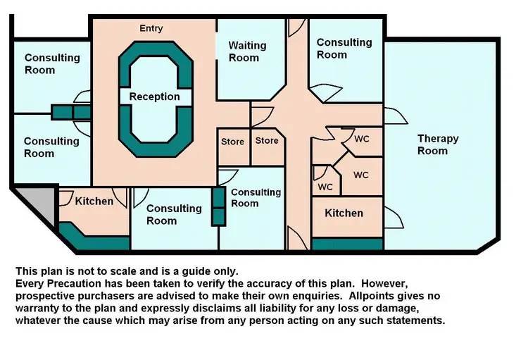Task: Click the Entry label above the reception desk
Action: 151,28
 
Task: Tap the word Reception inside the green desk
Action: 154,97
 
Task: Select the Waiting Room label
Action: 247,51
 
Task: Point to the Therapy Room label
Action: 437,144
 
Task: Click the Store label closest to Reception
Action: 232,142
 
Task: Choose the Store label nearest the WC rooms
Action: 267,141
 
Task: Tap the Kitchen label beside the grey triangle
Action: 94,201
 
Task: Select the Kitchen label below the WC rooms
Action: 344,213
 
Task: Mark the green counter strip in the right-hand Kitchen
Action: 347,244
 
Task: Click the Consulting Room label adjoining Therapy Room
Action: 344,49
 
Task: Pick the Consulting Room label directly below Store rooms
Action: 256,198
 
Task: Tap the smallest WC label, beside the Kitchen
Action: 325,187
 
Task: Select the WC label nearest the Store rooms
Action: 361,139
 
